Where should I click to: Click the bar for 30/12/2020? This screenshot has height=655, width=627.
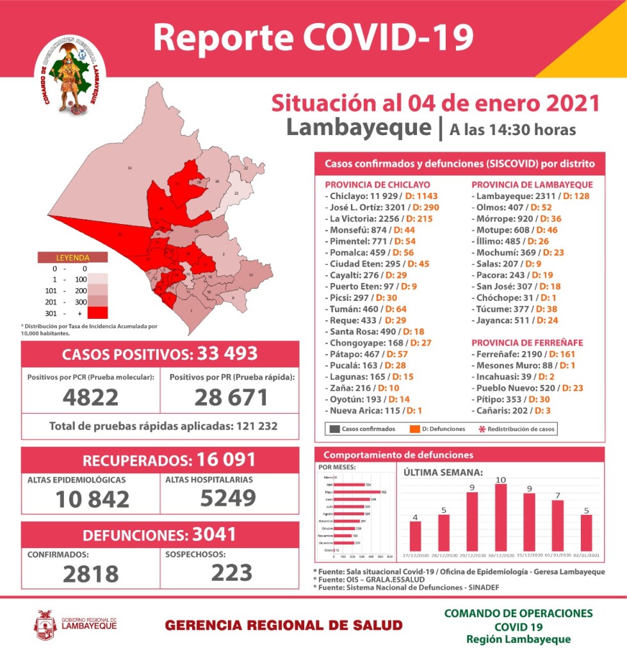tap(500, 521)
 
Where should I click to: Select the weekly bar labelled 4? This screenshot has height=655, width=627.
tap(415, 539)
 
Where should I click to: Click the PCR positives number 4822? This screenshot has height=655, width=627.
tap(90, 397)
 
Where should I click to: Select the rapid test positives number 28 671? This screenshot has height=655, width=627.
tap(231, 397)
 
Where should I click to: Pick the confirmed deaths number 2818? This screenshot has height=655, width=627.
tap(90, 574)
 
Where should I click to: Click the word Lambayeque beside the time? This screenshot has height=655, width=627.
tap(359, 127)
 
